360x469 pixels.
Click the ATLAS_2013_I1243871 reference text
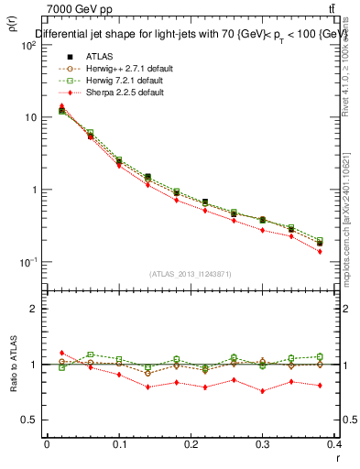point(190,274)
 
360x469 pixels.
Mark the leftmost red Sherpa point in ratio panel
point(61,353)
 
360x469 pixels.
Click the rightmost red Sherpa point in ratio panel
point(320,386)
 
